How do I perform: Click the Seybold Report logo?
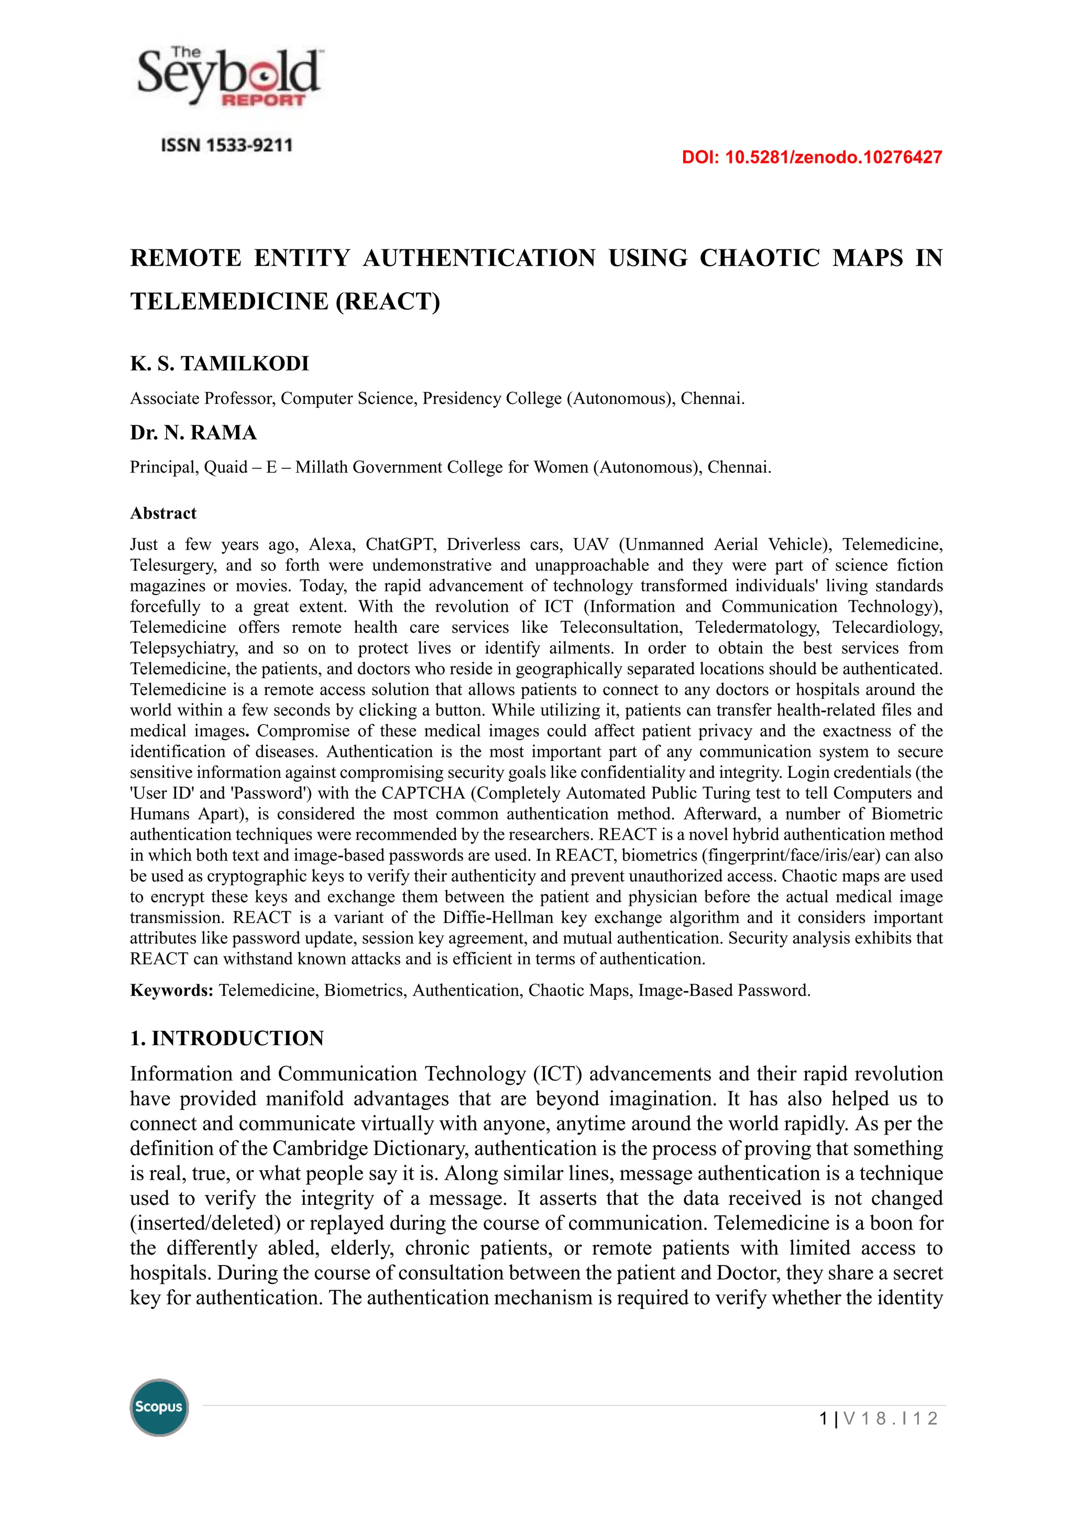(x=228, y=78)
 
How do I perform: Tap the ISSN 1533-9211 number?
(x=227, y=145)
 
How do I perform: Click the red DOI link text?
(x=812, y=157)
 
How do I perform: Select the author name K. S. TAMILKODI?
(x=220, y=364)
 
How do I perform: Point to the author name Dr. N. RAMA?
(x=193, y=433)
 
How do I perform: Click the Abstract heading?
(x=163, y=513)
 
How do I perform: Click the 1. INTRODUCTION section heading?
(x=227, y=1038)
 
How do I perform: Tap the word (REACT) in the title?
(x=388, y=301)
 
